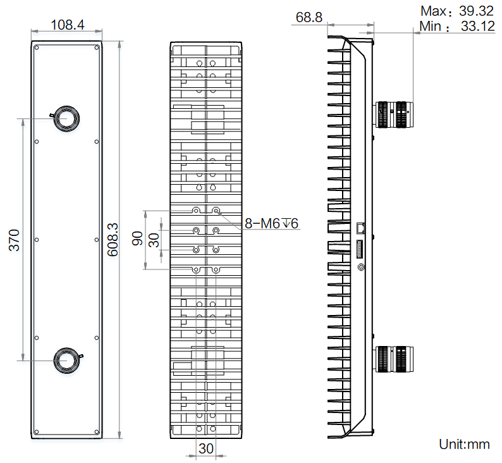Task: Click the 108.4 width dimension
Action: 67,25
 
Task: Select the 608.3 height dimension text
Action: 113,239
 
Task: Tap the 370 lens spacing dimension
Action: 13,240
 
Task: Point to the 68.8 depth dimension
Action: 308,17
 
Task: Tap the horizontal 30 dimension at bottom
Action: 206,448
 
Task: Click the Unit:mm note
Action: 464,444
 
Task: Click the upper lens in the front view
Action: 66,118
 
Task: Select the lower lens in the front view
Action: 66,360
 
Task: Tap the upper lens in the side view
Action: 394,115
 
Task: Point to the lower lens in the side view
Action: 394,359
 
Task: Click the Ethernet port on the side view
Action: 361,227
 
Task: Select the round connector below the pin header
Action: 362,267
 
